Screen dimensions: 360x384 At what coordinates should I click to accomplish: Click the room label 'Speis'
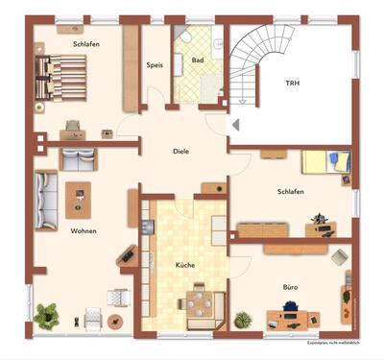click(x=155, y=65)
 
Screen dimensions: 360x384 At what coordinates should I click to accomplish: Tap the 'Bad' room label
click(x=197, y=60)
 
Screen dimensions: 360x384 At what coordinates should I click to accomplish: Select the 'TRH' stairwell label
click(x=292, y=84)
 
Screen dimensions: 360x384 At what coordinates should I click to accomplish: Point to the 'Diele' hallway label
click(x=180, y=151)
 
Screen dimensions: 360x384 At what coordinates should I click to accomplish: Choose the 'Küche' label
click(x=185, y=264)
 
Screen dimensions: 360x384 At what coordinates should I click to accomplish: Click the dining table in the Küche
click(x=199, y=301)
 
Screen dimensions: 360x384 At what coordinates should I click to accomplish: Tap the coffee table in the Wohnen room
click(x=79, y=199)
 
